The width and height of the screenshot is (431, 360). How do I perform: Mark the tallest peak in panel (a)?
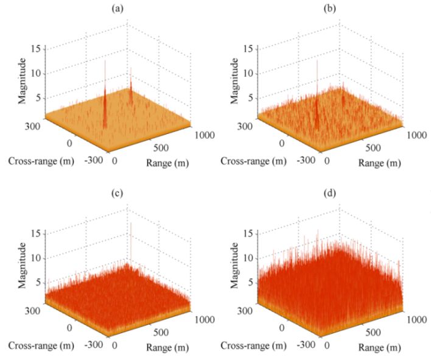click(105, 61)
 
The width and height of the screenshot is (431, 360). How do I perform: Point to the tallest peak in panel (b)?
click(317, 61)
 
